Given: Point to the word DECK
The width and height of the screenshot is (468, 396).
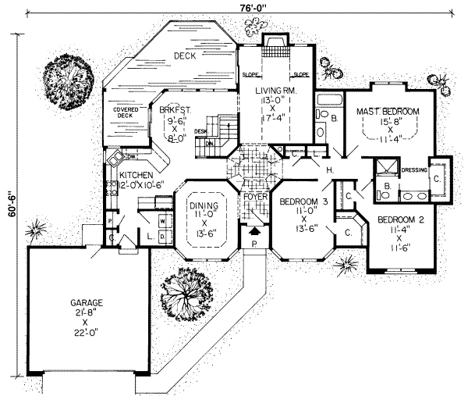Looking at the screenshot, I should coord(184,55).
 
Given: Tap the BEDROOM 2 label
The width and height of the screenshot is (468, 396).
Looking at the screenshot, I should coord(399,219).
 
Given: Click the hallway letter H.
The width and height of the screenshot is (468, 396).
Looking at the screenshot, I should coord(330,169).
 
